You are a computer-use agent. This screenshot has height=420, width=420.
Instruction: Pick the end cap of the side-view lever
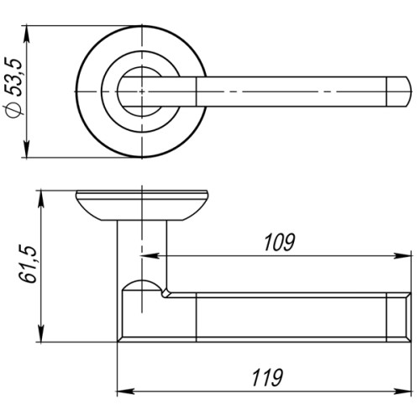pos(401,315)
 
